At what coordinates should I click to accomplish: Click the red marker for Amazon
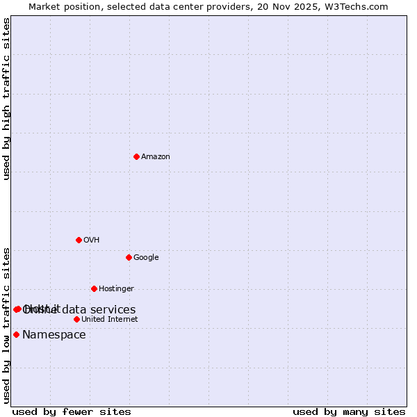136,156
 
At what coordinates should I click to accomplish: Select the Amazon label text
156,156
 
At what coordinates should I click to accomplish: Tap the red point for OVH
79,240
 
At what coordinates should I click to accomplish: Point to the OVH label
92,240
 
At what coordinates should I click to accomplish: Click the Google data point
129,257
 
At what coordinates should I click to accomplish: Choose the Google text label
146,257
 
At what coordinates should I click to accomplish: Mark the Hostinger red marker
94,288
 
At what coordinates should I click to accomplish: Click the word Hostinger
116,288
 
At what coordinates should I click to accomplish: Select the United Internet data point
76,319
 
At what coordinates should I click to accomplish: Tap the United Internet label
110,319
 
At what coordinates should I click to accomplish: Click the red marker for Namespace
16,334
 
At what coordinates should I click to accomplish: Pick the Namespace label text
54,334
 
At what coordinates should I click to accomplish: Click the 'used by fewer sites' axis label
72,411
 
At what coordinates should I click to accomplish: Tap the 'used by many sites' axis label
349,411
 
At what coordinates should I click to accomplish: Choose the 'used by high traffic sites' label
6,99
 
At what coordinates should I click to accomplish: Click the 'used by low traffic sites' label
6,325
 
